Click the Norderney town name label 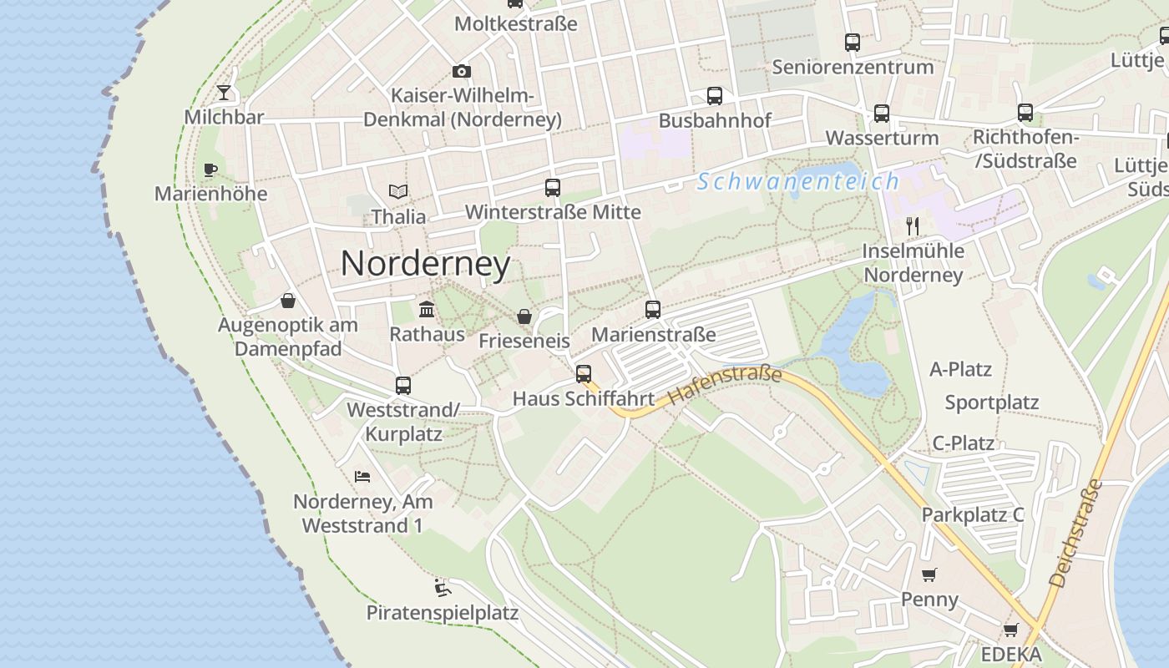(x=425, y=264)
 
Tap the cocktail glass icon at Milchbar (x=224, y=92)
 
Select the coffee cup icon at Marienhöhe (x=210, y=170)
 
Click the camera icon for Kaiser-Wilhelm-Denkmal (x=462, y=72)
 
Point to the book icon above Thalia (x=398, y=192)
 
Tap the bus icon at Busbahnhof (x=715, y=96)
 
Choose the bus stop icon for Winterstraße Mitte (x=553, y=188)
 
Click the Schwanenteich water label (x=798, y=181)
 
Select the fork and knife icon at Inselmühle (x=913, y=226)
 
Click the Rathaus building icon (x=427, y=310)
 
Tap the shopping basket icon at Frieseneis (x=524, y=316)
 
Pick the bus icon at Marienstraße (x=653, y=310)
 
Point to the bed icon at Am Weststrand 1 (x=362, y=477)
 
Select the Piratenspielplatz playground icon (x=443, y=588)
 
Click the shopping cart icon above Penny (x=929, y=574)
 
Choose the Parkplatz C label (x=973, y=514)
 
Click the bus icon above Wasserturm (x=882, y=114)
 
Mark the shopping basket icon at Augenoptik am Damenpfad (x=288, y=301)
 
